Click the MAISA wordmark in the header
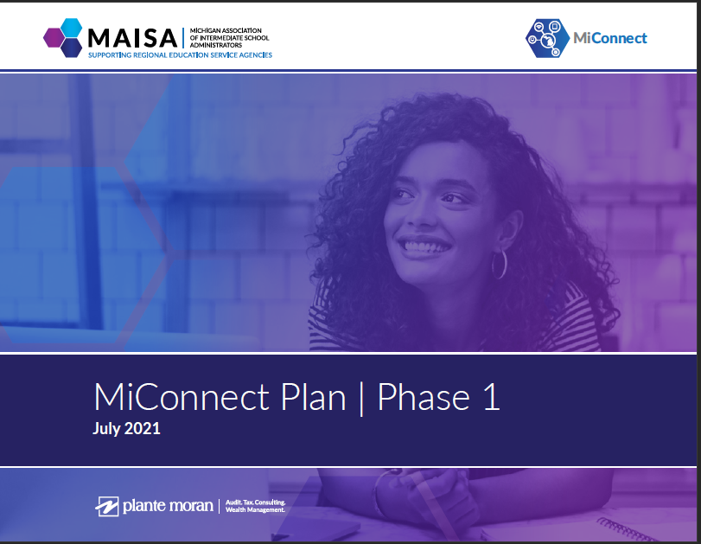click(132, 38)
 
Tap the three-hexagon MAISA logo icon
click(62, 37)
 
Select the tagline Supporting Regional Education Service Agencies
click(180, 55)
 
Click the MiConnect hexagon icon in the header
click(547, 38)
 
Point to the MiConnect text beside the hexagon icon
click(609, 38)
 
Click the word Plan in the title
click(313, 397)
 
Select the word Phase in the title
click(424, 397)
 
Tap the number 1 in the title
click(492, 397)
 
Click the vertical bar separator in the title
click(361, 398)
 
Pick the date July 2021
click(126, 429)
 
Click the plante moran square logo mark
click(107, 506)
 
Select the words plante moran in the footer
click(168, 506)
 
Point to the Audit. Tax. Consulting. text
click(255, 502)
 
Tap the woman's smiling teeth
click(424, 246)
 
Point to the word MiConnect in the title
click(181, 397)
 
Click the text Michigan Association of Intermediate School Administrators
click(229, 38)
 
